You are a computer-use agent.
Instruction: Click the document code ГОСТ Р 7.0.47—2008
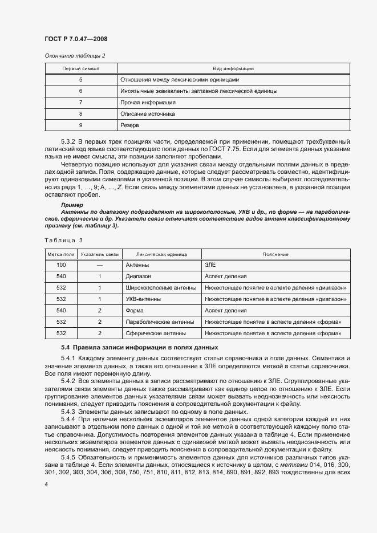click(76, 39)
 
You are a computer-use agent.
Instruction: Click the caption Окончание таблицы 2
click(75, 55)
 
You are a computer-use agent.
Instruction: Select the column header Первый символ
click(80, 68)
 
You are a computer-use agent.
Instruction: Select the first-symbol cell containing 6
click(80, 91)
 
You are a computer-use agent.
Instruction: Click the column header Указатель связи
click(99, 254)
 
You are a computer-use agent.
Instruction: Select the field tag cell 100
click(61, 265)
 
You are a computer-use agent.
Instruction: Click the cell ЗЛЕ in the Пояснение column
click(210, 265)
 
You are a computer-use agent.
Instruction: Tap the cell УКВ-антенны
click(142, 299)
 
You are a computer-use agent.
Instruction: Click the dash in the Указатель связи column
click(99, 265)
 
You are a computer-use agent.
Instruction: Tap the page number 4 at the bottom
click(46, 483)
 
